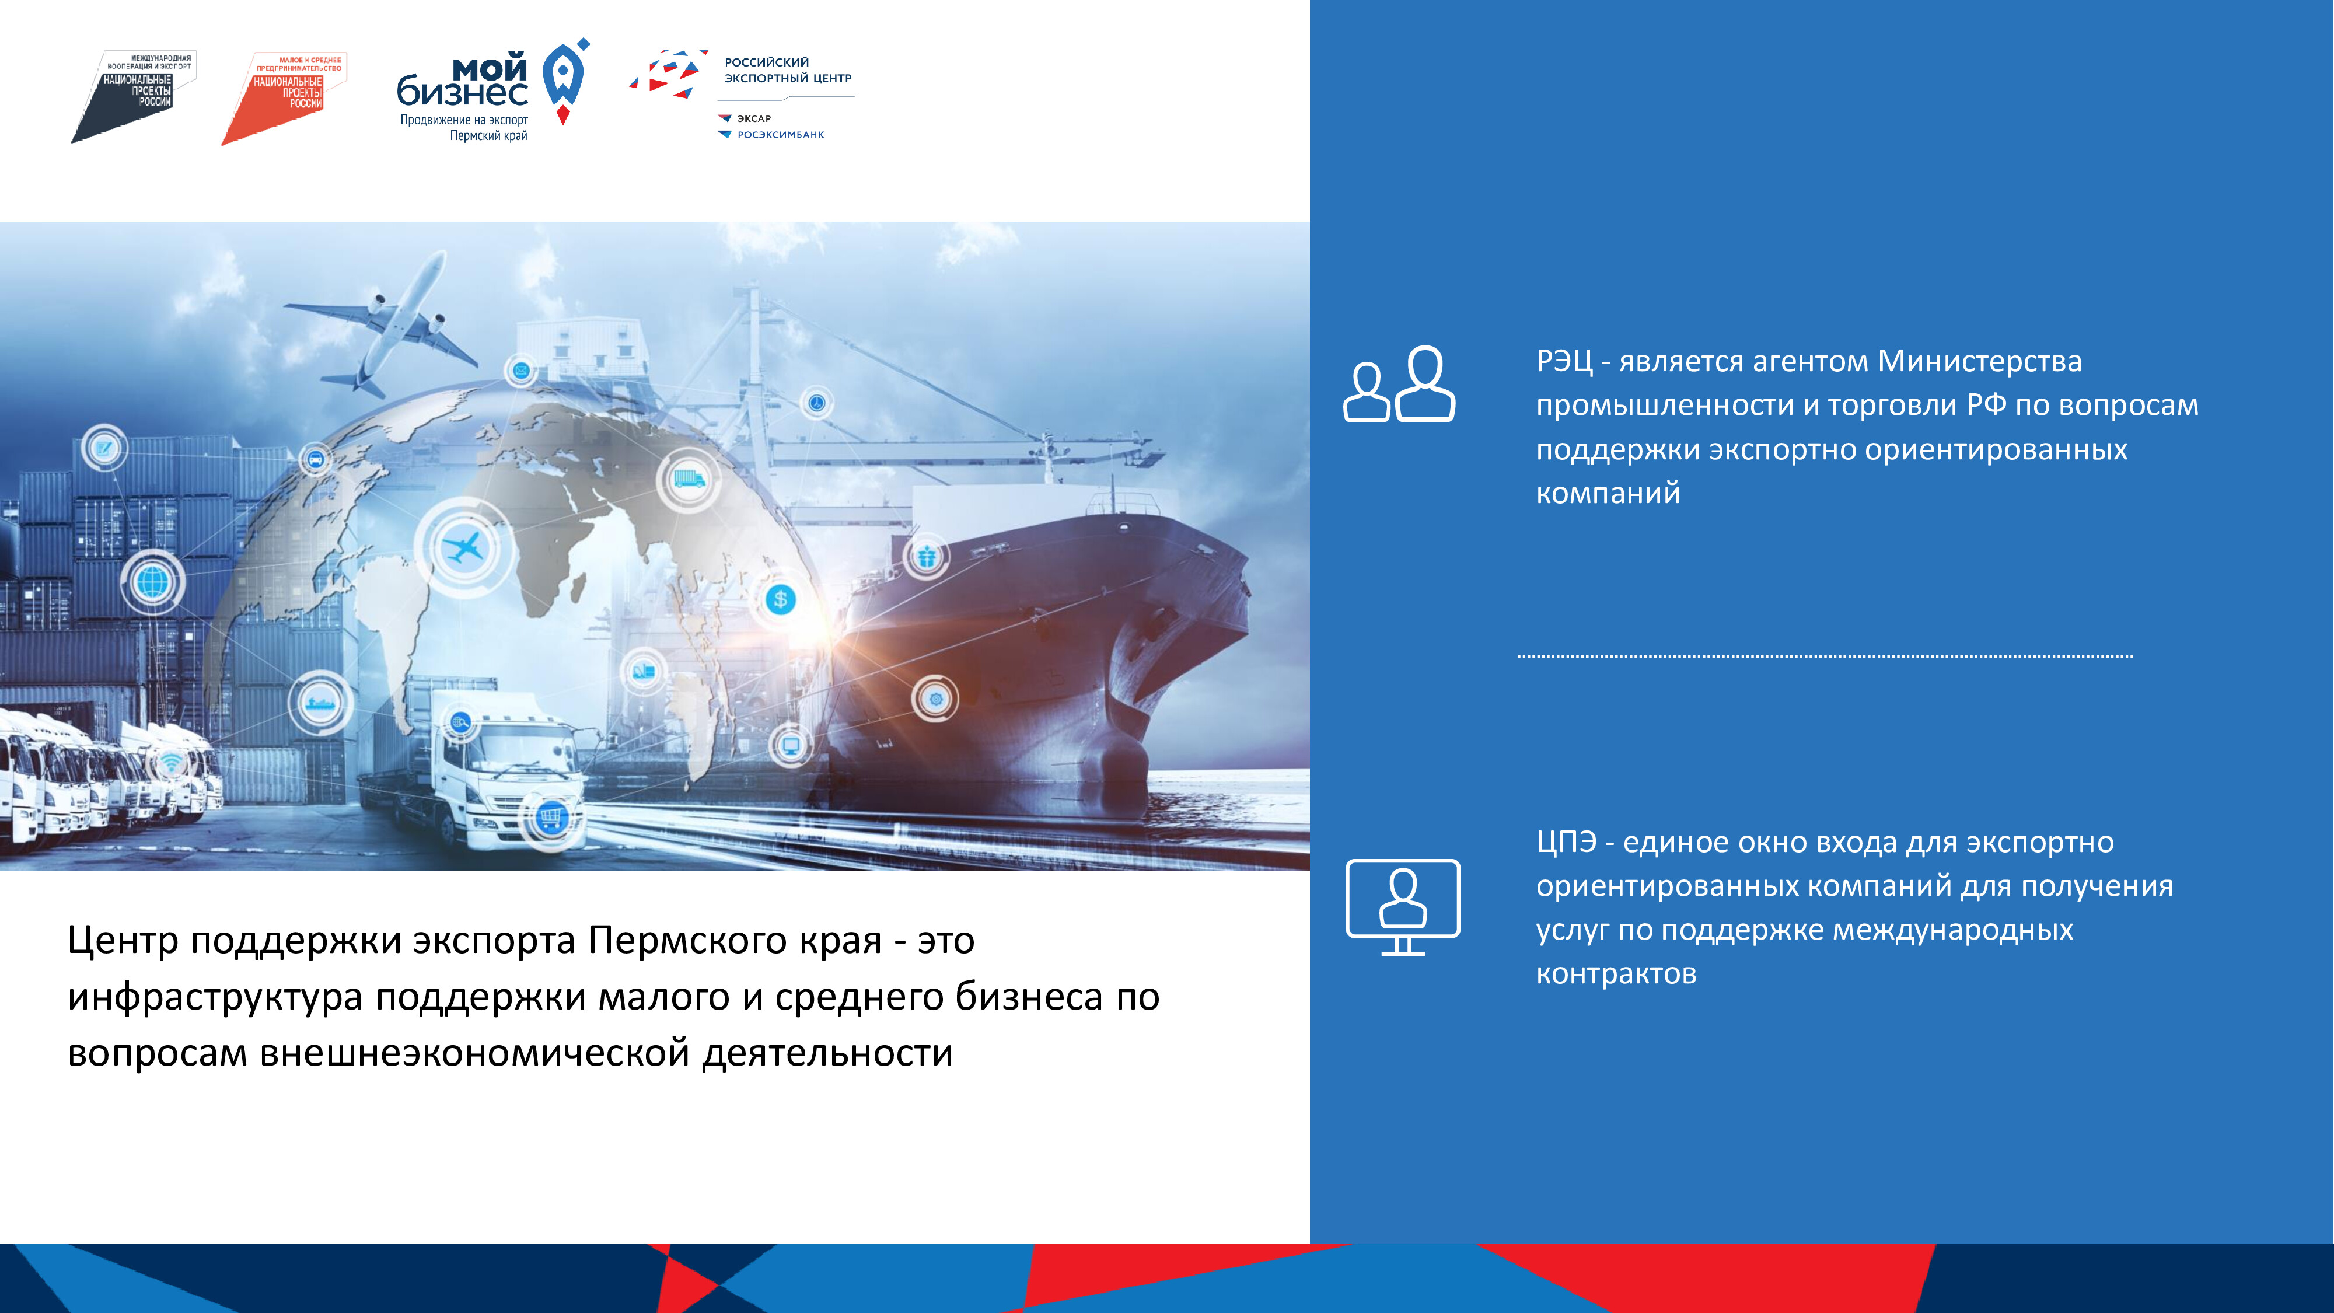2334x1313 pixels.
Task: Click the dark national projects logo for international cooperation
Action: [x=134, y=96]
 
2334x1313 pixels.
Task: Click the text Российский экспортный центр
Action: [x=787, y=70]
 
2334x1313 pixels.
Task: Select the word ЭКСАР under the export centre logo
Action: [x=754, y=118]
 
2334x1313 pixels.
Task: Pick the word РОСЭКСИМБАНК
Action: [x=780, y=134]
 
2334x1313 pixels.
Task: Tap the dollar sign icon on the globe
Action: [x=780, y=599]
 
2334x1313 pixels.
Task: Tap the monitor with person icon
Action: [x=1403, y=907]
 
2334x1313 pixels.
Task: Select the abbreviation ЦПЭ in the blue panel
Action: [x=1566, y=842]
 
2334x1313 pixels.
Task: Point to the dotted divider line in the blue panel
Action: [x=1825, y=655]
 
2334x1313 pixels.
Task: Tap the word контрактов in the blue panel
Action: [x=1616, y=973]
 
